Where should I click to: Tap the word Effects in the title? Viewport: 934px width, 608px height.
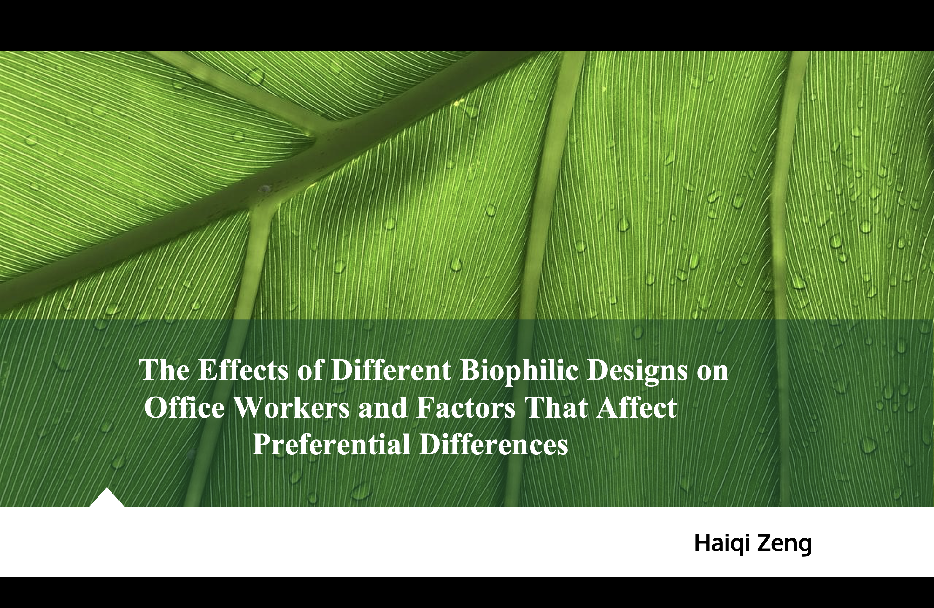(243, 370)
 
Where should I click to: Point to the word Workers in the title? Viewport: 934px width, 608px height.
(292, 407)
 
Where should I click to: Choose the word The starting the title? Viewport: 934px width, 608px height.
(165, 370)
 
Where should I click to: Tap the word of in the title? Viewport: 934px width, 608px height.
(310, 370)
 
